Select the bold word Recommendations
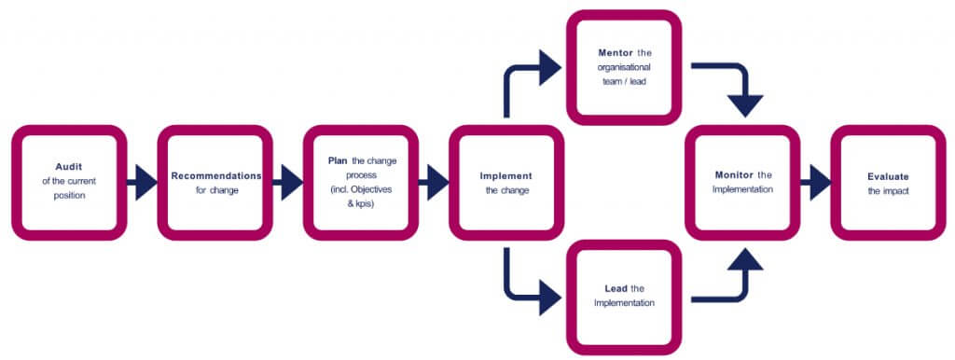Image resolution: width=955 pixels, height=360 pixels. (x=216, y=175)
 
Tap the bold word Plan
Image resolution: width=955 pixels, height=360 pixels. (x=338, y=160)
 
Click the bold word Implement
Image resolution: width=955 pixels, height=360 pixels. (x=506, y=175)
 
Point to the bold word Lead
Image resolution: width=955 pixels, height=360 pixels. (x=616, y=288)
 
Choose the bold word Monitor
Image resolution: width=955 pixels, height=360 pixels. (x=734, y=174)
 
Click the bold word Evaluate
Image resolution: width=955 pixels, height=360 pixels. (x=889, y=175)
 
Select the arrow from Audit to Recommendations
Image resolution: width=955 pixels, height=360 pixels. (x=142, y=183)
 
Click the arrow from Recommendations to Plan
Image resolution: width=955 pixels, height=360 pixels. (x=287, y=183)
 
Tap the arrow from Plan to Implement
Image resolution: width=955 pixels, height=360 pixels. (x=434, y=183)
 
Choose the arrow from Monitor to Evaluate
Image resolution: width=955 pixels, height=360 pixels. (x=814, y=183)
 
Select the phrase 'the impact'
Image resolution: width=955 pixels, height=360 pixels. (x=889, y=190)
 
